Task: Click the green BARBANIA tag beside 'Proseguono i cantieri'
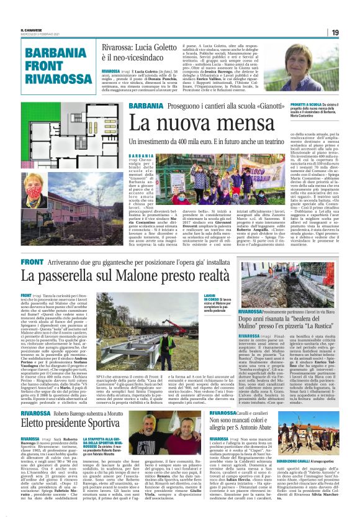tap(143, 106)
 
